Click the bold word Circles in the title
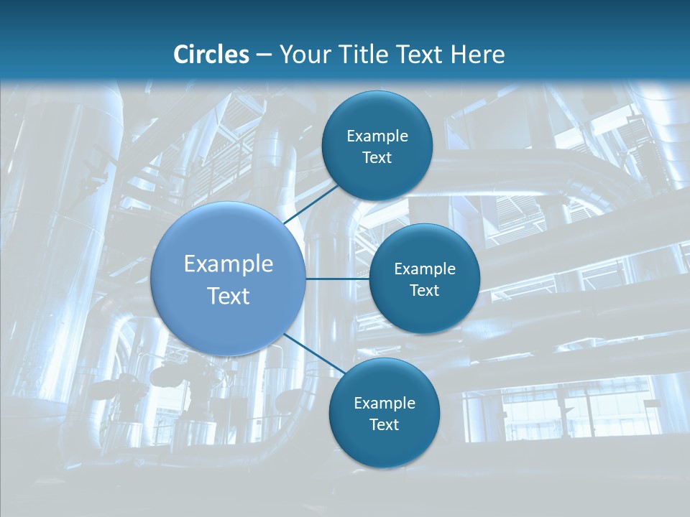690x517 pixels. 211,55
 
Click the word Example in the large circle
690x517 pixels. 229,264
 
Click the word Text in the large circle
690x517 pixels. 229,296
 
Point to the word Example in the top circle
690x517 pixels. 377,136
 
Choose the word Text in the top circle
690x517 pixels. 377,158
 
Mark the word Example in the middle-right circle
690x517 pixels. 425,269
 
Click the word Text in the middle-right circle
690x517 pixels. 424,291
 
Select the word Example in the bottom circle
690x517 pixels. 385,404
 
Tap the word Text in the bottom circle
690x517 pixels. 384,425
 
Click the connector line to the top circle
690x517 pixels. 312,203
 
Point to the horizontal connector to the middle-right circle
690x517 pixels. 337,279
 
